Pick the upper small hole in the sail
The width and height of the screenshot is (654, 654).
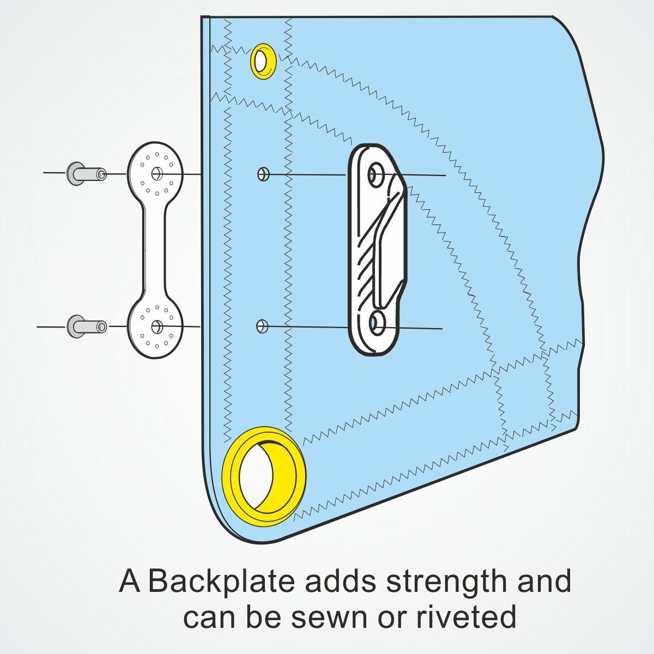pos(263,174)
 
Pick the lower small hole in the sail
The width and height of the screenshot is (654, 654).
pos(262,326)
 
